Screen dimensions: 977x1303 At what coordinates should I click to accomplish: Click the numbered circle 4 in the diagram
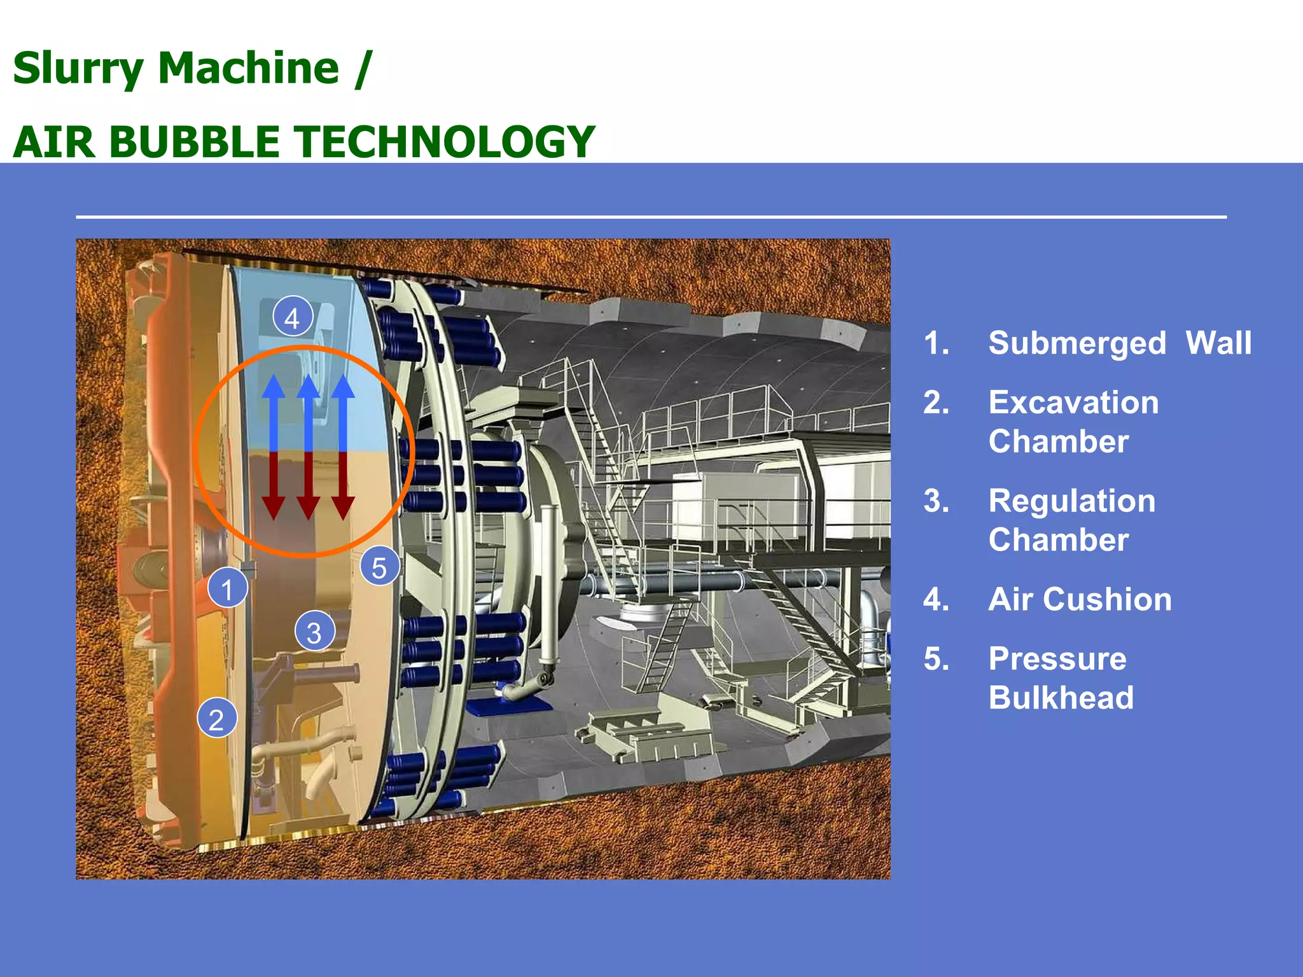click(x=292, y=317)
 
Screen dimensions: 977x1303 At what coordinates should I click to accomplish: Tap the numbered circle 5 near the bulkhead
click(x=379, y=567)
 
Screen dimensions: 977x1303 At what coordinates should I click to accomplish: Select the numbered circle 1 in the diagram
click(x=227, y=588)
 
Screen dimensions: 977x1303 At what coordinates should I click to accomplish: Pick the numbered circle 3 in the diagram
click(x=314, y=632)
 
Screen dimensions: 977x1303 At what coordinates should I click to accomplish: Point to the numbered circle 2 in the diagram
click(x=216, y=719)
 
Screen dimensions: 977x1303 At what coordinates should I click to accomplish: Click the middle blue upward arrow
click(x=309, y=413)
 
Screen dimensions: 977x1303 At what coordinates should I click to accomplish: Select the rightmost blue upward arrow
click(x=343, y=413)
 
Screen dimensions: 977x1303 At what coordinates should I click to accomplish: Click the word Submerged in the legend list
click(x=1077, y=343)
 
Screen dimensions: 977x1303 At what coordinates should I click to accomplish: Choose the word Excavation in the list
click(x=1073, y=403)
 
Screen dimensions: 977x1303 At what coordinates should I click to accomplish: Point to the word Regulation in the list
click(x=1071, y=501)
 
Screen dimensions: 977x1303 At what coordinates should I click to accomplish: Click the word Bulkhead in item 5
click(x=1061, y=698)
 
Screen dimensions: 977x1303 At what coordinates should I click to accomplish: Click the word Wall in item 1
click(x=1218, y=343)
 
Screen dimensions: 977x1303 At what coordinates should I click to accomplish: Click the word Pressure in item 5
click(x=1057, y=658)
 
